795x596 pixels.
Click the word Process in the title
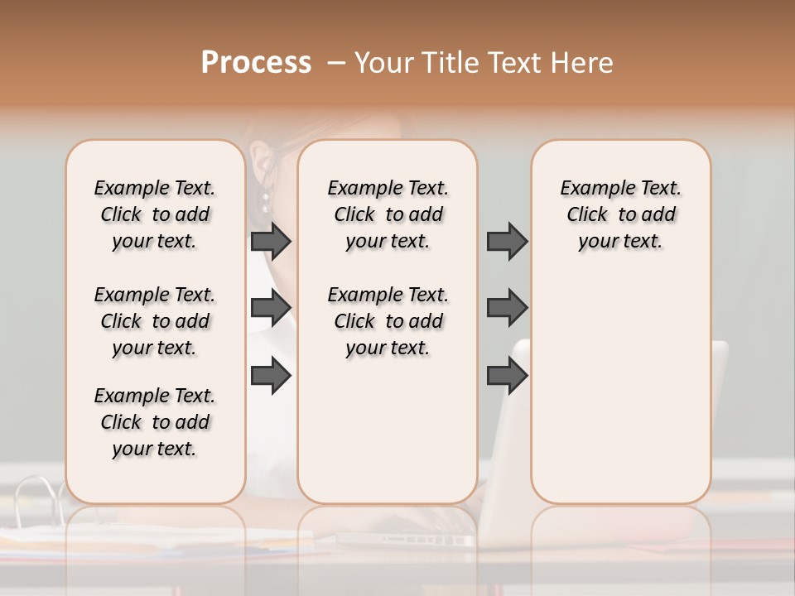click(256, 63)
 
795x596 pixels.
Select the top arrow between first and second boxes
click(270, 241)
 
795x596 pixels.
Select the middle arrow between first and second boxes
click(270, 308)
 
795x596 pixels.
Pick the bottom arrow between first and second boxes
click(270, 375)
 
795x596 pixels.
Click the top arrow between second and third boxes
click(507, 241)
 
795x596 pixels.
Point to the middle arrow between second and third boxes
click(507, 308)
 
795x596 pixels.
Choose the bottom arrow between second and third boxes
click(507, 375)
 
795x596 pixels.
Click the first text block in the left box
click(155, 214)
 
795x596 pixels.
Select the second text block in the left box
click(155, 321)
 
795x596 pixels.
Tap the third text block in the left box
click(155, 422)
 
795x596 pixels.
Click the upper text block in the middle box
click(388, 214)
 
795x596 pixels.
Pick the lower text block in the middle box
click(388, 321)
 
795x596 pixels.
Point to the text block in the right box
click(620, 214)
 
